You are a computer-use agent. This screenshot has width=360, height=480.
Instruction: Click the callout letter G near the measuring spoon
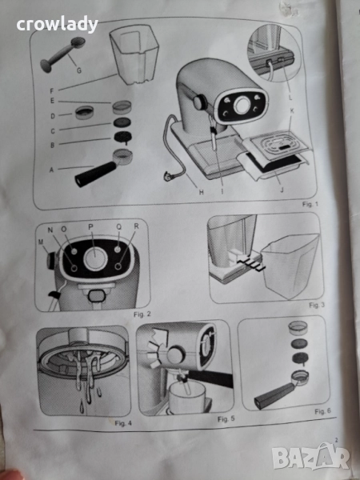pyautogui.click(x=79, y=70)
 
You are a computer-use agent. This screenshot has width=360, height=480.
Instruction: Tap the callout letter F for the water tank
pyautogui.click(x=52, y=91)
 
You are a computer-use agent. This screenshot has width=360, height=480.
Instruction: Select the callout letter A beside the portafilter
pyautogui.click(x=51, y=170)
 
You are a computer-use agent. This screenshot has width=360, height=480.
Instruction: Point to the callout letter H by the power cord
pyautogui.click(x=201, y=192)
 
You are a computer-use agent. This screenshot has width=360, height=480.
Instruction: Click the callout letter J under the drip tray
pyautogui.click(x=282, y=190)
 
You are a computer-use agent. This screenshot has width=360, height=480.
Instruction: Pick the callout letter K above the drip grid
pyautogui.click(x=291, y=111)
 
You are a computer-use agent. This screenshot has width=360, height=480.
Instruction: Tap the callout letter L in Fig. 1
pyautogui.click(x=290, y=98)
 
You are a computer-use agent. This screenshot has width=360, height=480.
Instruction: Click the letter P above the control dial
pyautogui.click(x=90, y=227)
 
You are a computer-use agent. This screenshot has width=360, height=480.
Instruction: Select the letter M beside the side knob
pyautogui.click(x=41, y=242)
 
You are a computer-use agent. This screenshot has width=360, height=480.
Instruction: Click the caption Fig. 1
pyautogui.click(x=310, y=204)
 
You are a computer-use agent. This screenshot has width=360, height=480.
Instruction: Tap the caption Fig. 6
pyautogui.click(x=322, y=411)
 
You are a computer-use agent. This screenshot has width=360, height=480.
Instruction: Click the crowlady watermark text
pyautogui.click(x=58, y=25)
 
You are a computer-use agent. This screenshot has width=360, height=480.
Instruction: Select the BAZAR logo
pyautogui.click(x=310, y=458)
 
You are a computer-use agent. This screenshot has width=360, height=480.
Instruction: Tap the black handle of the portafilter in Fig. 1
pyautogui.click(x=95, y=174)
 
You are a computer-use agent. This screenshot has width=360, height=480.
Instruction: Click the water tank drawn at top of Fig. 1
pyautogui.click(x=134, y=54)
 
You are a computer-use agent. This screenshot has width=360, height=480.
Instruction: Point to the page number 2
pyautogui.click(x=336, y=440)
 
